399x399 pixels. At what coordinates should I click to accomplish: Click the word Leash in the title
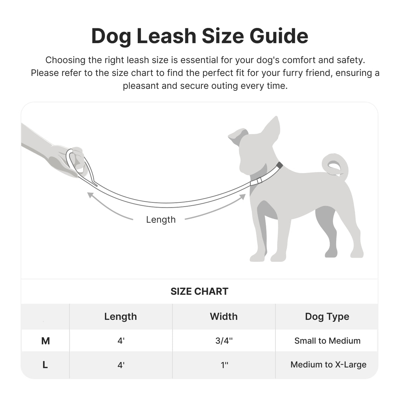pos(166,36)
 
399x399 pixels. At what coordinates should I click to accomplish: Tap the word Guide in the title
pos(279,36)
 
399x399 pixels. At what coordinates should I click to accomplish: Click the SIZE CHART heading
pos(199,291)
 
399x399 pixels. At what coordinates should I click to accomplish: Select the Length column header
pos(120,317)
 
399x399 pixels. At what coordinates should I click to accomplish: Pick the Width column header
pos(223,317)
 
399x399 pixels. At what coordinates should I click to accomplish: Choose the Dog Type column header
pos(327,317)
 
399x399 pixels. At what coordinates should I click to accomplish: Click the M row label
pos(45,341)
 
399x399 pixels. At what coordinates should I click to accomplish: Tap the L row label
pos(45,365)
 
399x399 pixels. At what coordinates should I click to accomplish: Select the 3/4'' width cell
pos(224,341)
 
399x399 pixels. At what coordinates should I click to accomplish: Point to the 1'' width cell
pos(224,365)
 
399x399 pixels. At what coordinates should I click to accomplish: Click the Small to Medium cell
pos(327,341)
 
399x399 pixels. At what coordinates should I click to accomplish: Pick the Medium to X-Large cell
pos(328,364)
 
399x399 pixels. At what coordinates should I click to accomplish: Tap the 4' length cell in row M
pos(121,341)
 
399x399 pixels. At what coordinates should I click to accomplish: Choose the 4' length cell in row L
pos(121,365)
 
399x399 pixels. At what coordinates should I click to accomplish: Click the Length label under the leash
pos(161,220)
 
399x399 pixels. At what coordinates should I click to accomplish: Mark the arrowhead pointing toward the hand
pos(90,195)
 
